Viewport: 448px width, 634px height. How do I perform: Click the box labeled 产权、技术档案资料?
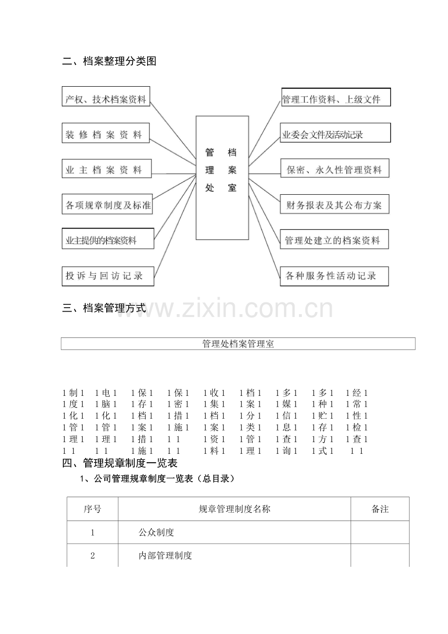106,96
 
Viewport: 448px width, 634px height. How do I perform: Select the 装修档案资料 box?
106,133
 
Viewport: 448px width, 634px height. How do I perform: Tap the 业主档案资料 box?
107,168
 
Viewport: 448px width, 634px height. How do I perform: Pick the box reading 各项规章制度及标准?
107,204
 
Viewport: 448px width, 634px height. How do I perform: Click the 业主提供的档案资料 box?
108,239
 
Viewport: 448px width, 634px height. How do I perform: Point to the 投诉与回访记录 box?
108,276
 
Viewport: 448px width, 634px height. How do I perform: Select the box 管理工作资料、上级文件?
336,97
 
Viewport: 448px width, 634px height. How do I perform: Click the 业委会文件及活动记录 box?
336,133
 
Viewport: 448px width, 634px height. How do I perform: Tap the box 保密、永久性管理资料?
335,168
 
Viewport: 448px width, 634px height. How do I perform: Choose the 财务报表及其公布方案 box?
335,204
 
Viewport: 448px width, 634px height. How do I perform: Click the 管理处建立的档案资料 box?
334,240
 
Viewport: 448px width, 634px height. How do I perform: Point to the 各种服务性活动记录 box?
334,276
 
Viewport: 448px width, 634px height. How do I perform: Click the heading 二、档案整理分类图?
109,61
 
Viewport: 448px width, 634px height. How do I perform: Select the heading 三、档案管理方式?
104,308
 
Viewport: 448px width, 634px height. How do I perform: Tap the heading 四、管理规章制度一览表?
120,463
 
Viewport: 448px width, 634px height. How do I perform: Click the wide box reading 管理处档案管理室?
238,344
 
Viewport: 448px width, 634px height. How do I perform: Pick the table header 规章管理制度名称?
234,509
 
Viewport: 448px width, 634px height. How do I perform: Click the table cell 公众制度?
156,532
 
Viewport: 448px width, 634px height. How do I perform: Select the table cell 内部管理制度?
165,556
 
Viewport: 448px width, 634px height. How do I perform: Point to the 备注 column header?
380,509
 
